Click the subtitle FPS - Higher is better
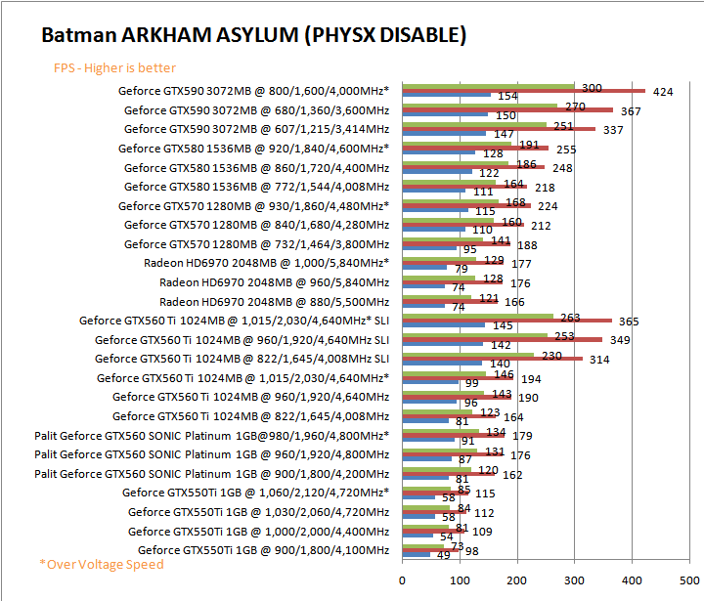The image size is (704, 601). tap(115, 67)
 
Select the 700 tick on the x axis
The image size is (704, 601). tap(691, 578)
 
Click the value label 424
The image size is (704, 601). tap(663, 92)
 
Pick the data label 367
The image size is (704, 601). tap(631, 111)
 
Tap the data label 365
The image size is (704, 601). tap(630, 322)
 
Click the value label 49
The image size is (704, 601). tap(443, 555)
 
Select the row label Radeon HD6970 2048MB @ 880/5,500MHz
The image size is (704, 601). tap(274, 302)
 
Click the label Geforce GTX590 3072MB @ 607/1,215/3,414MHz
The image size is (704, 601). tap(256, 128)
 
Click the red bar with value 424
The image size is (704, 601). tap(523, 90)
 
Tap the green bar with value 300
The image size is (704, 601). tap(488, 85)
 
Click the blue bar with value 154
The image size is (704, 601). tap(446, 95)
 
